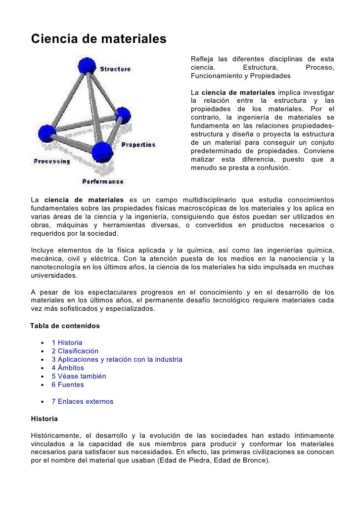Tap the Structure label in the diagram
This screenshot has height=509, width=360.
(116, 69)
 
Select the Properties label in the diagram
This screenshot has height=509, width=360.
(138, 145)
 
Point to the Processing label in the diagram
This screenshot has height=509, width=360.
(51, 161)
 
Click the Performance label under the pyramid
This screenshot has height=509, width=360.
(102, 181)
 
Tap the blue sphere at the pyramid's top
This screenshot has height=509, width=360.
(87, 66)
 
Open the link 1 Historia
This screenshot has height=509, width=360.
(67, 342)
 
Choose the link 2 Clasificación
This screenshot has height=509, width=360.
(75, 351)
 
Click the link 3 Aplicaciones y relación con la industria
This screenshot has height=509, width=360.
(117, 359)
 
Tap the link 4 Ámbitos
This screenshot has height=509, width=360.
(68, 368)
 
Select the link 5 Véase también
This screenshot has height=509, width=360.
(79, 376)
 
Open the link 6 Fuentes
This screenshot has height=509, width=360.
(68, 384)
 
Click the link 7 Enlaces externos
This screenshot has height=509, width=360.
(82, 401)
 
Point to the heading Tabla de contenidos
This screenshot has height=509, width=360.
(65, 326)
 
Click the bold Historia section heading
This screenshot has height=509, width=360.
(44, 419)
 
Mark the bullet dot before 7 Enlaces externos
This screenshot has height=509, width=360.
(45, 401)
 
